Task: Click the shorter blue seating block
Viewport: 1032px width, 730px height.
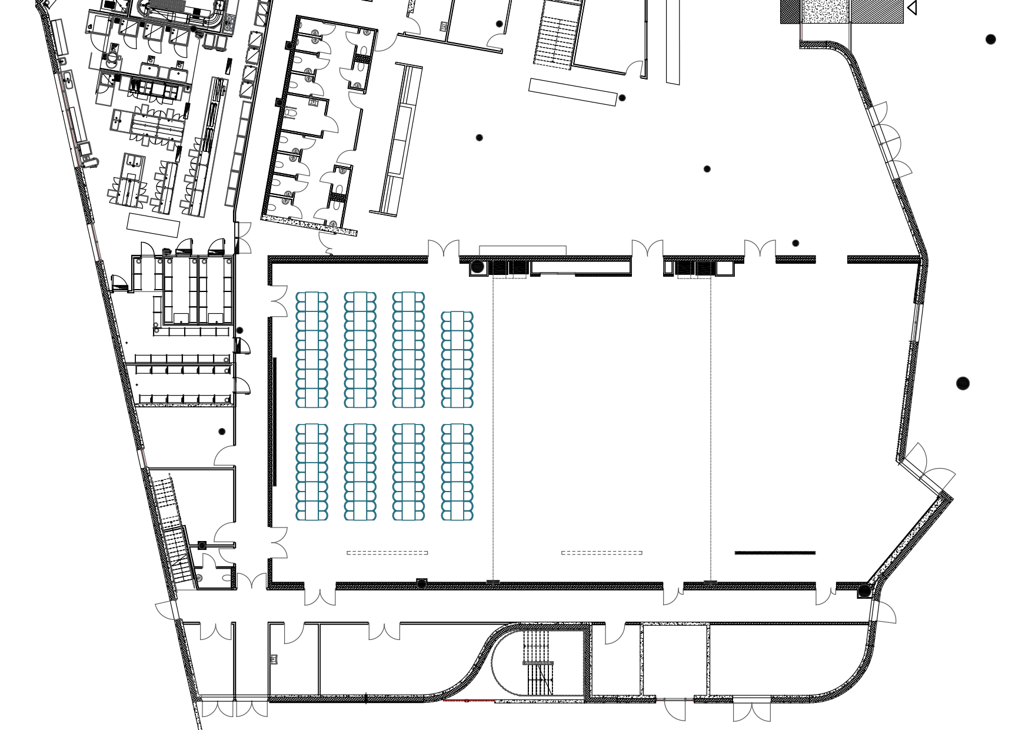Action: (457, 359)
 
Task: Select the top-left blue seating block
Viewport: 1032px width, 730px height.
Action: (311, 350)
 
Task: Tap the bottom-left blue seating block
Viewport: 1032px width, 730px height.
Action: (311, 472)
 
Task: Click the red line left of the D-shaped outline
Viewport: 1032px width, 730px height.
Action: (468, 701)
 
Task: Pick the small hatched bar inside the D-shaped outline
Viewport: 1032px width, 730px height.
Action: (538, 663)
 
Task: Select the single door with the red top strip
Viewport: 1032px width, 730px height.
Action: (675, 709)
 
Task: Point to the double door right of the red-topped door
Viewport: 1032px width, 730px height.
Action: (751, 711)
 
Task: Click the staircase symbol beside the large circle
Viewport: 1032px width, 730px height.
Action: (510, 269)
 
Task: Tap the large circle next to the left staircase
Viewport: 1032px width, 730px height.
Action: (477, 267)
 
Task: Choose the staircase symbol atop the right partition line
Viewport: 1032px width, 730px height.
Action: (694, 270)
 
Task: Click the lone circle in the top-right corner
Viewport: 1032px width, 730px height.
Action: (991, 39)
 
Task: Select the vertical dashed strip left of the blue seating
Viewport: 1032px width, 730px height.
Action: (275, 422)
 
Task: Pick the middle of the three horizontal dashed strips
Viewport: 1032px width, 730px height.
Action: (601, 553)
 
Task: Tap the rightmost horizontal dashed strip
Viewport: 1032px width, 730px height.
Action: (775, 553)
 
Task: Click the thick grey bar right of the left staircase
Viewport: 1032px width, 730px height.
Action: (557, 273)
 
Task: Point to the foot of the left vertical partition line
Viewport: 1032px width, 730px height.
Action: (493, 582)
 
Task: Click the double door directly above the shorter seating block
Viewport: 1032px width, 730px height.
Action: (444, 250)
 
